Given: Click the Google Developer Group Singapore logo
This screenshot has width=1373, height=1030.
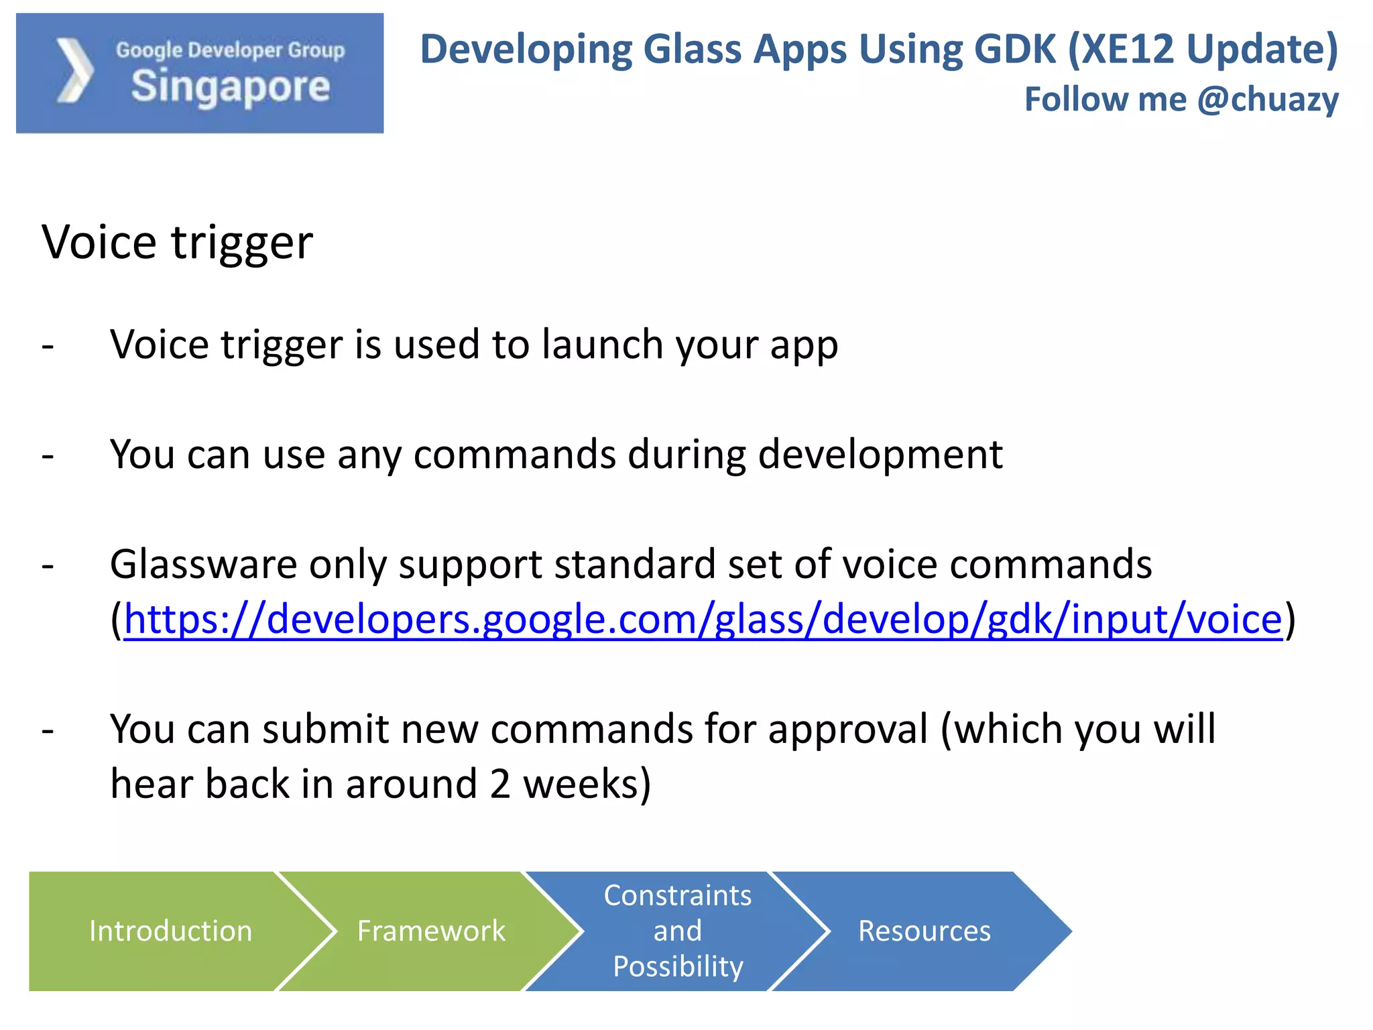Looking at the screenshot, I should click(200, 73).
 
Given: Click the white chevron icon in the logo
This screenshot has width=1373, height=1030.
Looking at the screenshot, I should click(74, 71).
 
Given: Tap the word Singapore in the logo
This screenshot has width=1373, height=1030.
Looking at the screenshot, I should click(231, 87).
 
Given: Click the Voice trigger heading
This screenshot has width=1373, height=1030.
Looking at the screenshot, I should click(178, 242).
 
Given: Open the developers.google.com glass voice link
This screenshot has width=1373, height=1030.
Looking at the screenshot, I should click(703, 619).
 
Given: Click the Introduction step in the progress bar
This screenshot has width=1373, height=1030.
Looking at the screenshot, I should click(170, 931).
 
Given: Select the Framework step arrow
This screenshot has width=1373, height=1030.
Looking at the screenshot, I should click(431, 931).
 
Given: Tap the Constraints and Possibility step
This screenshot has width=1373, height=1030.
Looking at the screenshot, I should click(677, 931).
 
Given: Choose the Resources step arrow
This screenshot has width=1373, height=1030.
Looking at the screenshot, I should click(924, 931).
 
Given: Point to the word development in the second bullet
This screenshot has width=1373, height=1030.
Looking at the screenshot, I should click(880, 455).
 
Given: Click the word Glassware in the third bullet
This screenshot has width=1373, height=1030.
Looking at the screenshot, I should click(203, 565).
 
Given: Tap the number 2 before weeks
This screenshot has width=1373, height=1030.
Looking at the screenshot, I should click(500, 784).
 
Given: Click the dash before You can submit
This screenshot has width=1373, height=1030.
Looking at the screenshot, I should click(48, 730).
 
